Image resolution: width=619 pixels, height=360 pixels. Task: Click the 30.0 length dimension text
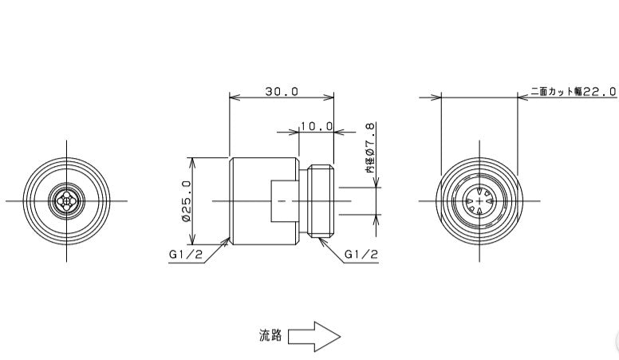282,91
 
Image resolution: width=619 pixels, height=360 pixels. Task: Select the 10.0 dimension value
316,126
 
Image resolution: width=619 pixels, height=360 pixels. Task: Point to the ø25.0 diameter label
186,200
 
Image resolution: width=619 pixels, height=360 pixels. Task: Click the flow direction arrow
314,336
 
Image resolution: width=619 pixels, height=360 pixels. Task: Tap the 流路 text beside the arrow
270,336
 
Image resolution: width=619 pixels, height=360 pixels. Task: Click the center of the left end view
67,200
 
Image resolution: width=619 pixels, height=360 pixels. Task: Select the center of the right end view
479,200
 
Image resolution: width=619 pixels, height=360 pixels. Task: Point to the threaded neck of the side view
321,201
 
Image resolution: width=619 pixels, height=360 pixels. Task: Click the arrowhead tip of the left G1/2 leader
230,239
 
